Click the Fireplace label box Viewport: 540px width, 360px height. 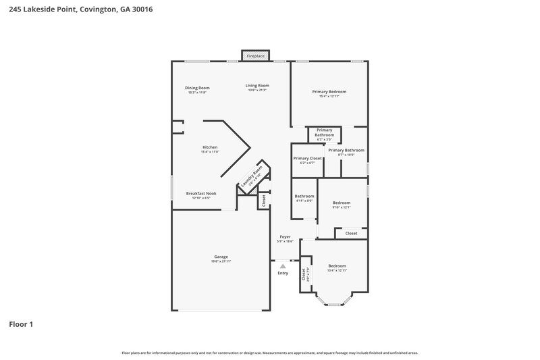[255, 55]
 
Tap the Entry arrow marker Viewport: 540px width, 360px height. [283, 267]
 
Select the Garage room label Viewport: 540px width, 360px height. [221, 258]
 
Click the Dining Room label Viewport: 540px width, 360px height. [198, 89]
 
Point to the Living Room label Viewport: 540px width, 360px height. [257, 87]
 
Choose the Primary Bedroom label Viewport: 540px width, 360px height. [329, 93]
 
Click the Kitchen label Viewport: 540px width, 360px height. [210, 149]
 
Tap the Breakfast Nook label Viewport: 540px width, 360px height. [201, 195]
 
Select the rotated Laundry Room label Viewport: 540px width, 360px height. [252, 176]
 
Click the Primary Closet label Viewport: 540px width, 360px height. [307, 160]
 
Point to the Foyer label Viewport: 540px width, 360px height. [285, 238]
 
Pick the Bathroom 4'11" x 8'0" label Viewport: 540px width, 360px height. [304, 198]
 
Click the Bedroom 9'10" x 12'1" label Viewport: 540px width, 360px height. [342, 205]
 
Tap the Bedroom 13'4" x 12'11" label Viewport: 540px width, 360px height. [337, 267]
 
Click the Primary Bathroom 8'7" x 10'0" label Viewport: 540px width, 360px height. [350, 152]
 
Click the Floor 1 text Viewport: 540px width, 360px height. [21, 324]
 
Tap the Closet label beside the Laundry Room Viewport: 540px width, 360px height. [264, 200]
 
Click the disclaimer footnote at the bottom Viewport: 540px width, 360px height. [270, 353]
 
